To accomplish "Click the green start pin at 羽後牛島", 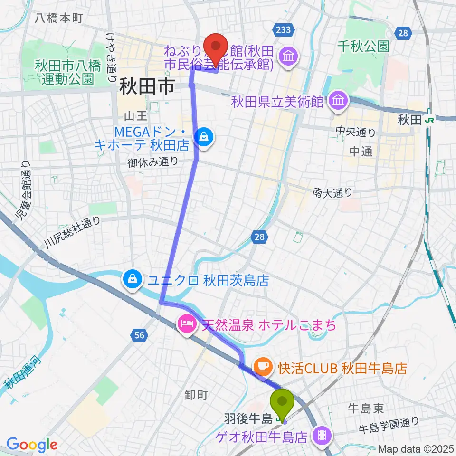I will pyautogui.click(x=283, y=404).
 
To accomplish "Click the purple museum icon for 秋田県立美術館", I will pyautogui.click(x=338, y=101).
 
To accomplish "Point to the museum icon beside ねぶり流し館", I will pyautogui.click(x=288, y=57).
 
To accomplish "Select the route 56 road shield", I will pyautogui.click(x=139, y=336).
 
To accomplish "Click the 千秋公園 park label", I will pyautogui.click(x=363, y=46).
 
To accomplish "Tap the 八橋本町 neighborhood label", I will pyautogui.click(x=59, y=19).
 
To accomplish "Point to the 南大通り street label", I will pyautogui.click(x=333, y=192).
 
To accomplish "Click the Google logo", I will pyautogui.click(x=32, y=445).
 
